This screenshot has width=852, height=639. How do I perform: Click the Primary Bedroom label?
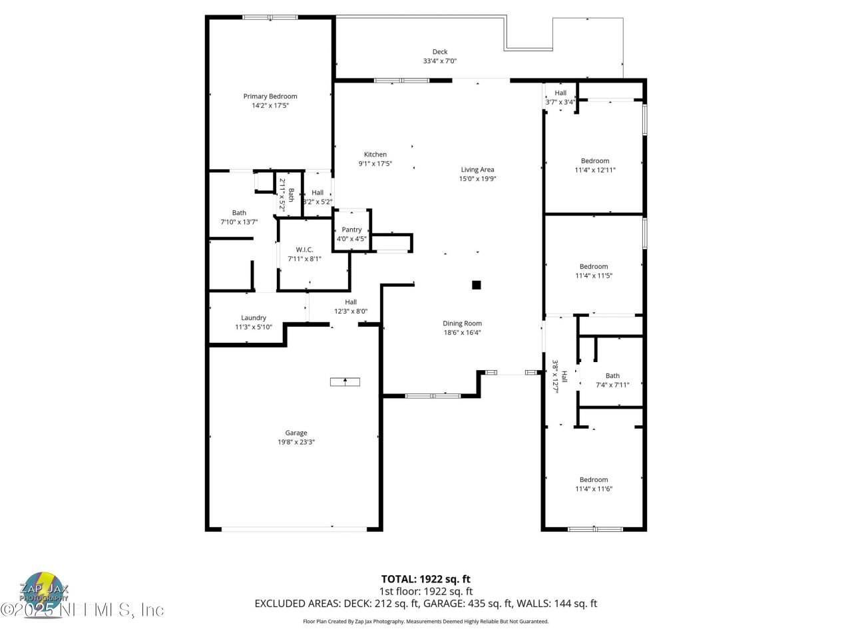point(270,97)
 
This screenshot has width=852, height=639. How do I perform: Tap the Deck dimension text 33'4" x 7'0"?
point(439,61)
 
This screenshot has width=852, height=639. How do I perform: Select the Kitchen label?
point(375,154)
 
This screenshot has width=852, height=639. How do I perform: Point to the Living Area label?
point(477,170)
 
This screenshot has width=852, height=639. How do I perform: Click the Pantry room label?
point(351,230)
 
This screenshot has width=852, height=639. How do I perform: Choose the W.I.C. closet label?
point(304,250)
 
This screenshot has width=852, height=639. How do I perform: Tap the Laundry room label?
point(253,318)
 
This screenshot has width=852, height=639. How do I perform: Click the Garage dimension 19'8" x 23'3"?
point(296,442)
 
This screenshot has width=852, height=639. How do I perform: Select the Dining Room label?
point(462,323)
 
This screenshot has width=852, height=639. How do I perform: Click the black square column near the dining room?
point(476,285)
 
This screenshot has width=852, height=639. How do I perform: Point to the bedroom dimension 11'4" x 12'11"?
point(595,170)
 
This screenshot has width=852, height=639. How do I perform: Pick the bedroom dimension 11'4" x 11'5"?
point(593,276)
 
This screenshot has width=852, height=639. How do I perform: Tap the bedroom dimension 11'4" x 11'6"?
point(593,489)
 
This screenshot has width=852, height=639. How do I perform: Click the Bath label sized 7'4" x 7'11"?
point(612,376)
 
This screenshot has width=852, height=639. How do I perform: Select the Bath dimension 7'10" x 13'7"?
point(239,222)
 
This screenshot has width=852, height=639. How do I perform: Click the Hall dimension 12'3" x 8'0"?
point(351,312)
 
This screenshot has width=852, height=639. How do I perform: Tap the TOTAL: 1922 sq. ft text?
point(425,579)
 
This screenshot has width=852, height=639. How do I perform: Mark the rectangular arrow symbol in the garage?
point(345,381)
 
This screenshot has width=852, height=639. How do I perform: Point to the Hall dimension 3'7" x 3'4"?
point(560,103)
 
